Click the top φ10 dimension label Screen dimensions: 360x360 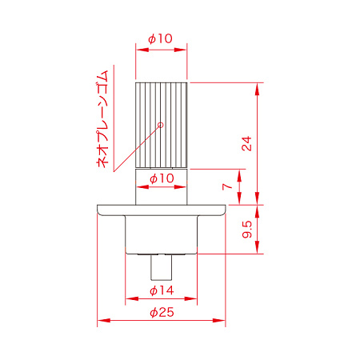click(x=160, y=38)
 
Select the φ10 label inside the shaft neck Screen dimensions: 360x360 click(x=162, y=178)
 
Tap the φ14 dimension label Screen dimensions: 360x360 click(x=162, y=290)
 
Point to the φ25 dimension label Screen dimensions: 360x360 click(x=162, y=312)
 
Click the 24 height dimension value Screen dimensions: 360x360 click(x=246, y=143)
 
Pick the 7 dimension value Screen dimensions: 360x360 click(x=227, y=186)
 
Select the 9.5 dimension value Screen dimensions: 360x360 click(x=247, y=229)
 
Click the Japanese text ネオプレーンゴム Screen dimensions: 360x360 click(x=102, y=119)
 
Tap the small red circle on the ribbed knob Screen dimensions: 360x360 click(x=161, y=125)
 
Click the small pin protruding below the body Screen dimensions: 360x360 click(x=161, y=267)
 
